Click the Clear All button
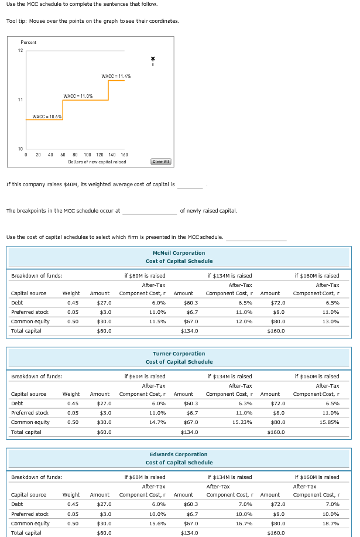(160, 162)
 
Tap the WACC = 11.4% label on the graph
(116, 76)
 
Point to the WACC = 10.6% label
(47, 116)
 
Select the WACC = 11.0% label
(78, 96)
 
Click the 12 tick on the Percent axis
(20, 51)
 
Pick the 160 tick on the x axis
(124, 155)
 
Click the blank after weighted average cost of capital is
(190, 185)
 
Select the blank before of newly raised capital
(149, 211)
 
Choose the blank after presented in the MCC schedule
(256, 237)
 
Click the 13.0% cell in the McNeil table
(332, 321)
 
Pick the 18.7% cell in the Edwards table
(332, 523)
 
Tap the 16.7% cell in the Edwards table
(244, 523)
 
